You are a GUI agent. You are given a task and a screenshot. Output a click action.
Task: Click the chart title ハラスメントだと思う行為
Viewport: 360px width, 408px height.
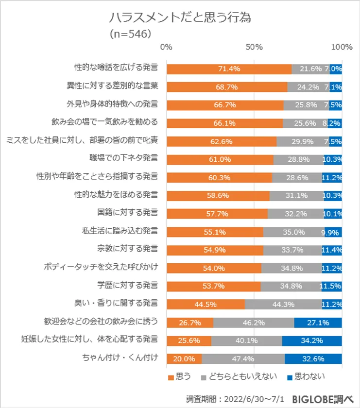[180, 18]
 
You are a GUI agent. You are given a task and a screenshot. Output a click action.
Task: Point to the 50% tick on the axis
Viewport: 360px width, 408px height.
[254, 47]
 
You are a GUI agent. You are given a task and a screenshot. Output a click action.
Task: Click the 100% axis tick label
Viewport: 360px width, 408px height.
[342, 47]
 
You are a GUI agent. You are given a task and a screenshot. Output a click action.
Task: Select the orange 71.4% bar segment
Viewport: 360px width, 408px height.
[229, 69]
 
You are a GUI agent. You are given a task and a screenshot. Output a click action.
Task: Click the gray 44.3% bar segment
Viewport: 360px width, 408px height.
[283, 305]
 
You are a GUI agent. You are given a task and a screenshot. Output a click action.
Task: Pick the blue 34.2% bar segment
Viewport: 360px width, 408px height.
[312, 340]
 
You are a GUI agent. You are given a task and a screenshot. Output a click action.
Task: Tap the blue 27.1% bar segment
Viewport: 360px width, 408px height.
[318, 323]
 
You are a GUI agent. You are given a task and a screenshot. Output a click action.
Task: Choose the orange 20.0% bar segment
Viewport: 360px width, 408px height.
[184, 359]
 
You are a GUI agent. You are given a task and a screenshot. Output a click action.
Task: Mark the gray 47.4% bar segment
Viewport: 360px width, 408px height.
[243, 359]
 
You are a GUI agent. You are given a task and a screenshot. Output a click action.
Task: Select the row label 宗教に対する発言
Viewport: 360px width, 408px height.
[127, 249]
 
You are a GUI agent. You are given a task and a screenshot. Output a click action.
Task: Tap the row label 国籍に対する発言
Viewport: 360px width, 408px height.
[127, 213]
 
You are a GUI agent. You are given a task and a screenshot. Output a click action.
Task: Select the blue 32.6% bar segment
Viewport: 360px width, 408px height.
[313, 359]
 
